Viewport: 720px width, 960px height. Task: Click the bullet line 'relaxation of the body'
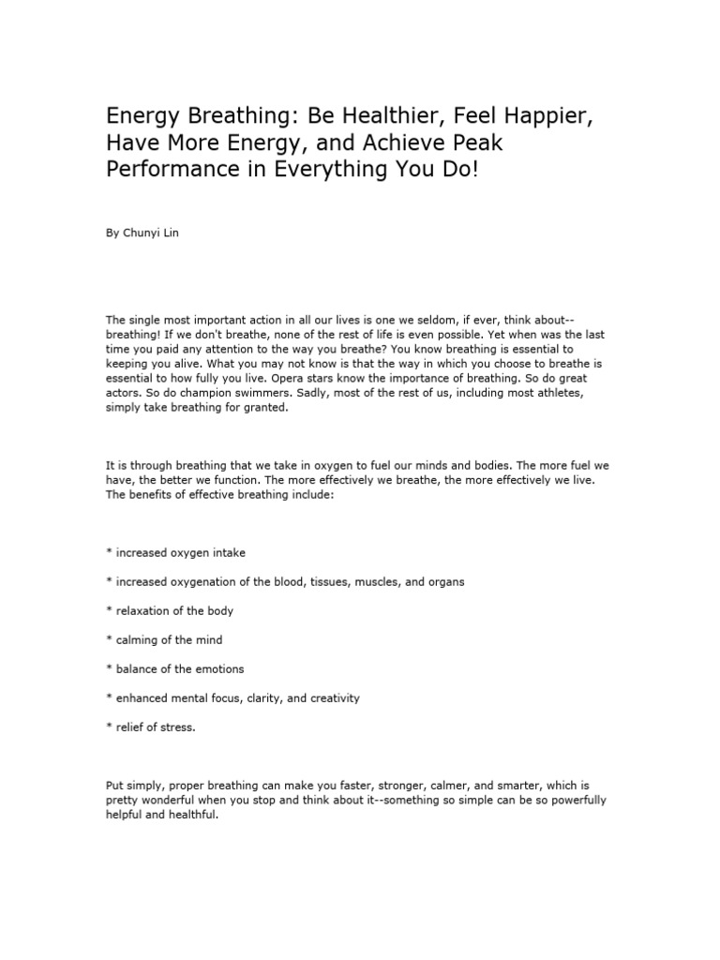pyautogui.click(x=174, y=610)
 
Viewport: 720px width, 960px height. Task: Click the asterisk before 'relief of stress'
pyautogui.click(x=109, y=727)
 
